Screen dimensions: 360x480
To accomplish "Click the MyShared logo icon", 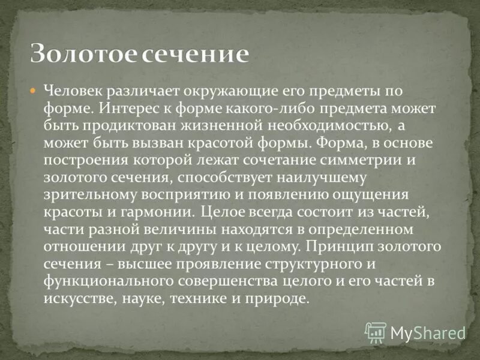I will tap(376, 332).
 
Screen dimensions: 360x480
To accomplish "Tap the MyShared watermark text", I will tap(428, 332).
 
